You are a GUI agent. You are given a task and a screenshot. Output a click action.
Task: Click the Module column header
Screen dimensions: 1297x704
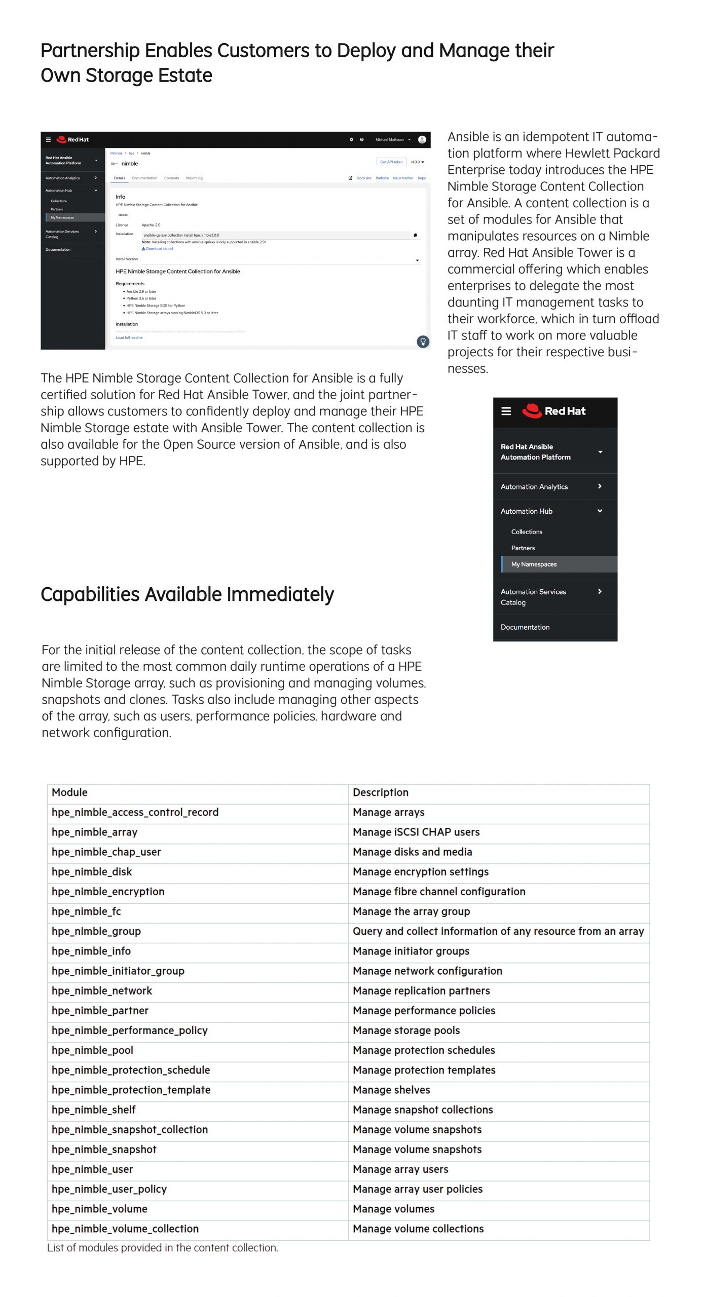click(x=69, y=792)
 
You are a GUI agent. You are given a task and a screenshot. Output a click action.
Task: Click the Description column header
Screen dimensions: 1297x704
click(x=380, y=792)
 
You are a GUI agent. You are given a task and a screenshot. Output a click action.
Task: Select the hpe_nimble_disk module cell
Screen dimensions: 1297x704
click(x=92, y=871)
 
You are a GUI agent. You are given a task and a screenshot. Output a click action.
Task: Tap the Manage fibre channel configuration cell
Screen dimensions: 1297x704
click(x=439, y=891)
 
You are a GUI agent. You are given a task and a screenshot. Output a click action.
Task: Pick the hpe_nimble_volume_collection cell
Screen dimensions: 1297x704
click(x=125, y=1228)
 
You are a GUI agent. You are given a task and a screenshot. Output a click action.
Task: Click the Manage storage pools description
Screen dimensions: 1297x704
click(x=406, y=1030)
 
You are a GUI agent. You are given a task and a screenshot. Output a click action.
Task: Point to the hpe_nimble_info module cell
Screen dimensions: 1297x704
click(x=91, y=951)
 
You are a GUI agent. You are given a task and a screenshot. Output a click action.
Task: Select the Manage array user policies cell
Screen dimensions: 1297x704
click(x=418, y=1189)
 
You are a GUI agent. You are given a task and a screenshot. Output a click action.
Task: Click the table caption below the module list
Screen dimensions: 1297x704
click(x=163, y=1247)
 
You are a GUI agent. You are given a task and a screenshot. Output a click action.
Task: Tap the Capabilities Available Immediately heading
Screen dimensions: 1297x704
click(x=187, y=594)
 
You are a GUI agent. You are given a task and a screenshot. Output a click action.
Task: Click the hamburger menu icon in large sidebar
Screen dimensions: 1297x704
click(x=506, y=411)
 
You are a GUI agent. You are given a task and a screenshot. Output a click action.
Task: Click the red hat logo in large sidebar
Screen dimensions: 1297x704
click(x=532, y=411)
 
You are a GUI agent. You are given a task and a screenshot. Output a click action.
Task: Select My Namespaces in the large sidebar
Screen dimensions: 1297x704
click(x=534, y=564)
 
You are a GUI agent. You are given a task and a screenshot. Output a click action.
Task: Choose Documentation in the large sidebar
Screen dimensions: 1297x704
click(x=525, y=627)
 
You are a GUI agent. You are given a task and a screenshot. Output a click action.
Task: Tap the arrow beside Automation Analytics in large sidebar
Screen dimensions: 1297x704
click(x=600, y=486)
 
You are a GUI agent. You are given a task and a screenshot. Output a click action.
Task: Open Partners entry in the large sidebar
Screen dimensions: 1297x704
click(x=523, y=548)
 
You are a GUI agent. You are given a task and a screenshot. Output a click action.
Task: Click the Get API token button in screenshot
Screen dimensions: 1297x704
click(x=391, y=162)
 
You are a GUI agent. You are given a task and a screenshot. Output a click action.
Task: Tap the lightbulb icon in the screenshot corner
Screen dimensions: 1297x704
click(x=423, y=341)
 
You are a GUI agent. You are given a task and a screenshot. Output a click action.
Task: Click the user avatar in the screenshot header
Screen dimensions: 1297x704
click(x=422, y=139)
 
